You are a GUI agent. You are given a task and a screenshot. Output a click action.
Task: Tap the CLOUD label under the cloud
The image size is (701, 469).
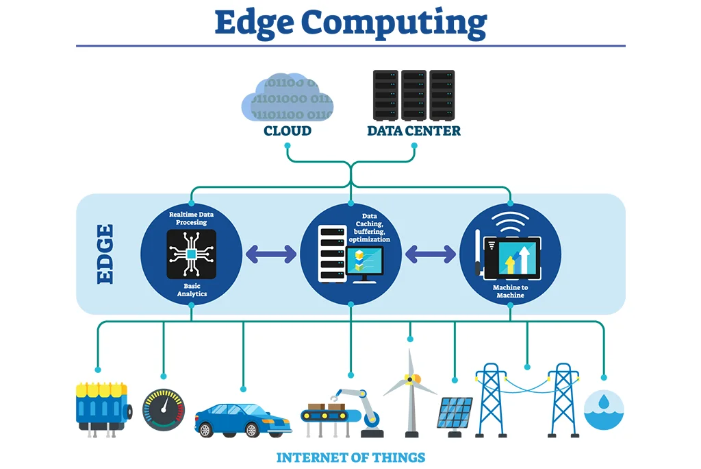[x=288, y=130]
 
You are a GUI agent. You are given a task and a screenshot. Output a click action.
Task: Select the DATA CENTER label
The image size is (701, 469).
[x=413, y=130]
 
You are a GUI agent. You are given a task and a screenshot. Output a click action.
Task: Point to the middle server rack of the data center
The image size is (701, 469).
[x=413, y=94]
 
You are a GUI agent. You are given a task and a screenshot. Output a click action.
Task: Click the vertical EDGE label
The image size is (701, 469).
[x=105, y=254]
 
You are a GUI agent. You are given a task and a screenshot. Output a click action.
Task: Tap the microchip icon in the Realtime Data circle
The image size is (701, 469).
[x=192, y=254]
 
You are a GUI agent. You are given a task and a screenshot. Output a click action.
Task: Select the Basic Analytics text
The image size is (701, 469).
[x=192, y=289]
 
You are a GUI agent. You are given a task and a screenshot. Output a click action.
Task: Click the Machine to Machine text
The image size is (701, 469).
[x=510, y=291]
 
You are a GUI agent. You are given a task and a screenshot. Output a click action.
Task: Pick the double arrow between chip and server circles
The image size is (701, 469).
[x=271, y=254]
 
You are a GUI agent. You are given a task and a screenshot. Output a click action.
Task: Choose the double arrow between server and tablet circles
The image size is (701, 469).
[x=430, y=254]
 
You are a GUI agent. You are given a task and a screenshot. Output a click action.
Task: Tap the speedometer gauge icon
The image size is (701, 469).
[x=163, y=410]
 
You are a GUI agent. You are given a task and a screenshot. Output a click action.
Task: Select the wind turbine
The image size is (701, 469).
[x=410, y=391]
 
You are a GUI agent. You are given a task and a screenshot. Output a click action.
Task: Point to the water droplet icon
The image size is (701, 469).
[x=604, y=409]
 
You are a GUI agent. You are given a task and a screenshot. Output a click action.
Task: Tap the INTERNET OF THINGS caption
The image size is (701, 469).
[x=350, y=457]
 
